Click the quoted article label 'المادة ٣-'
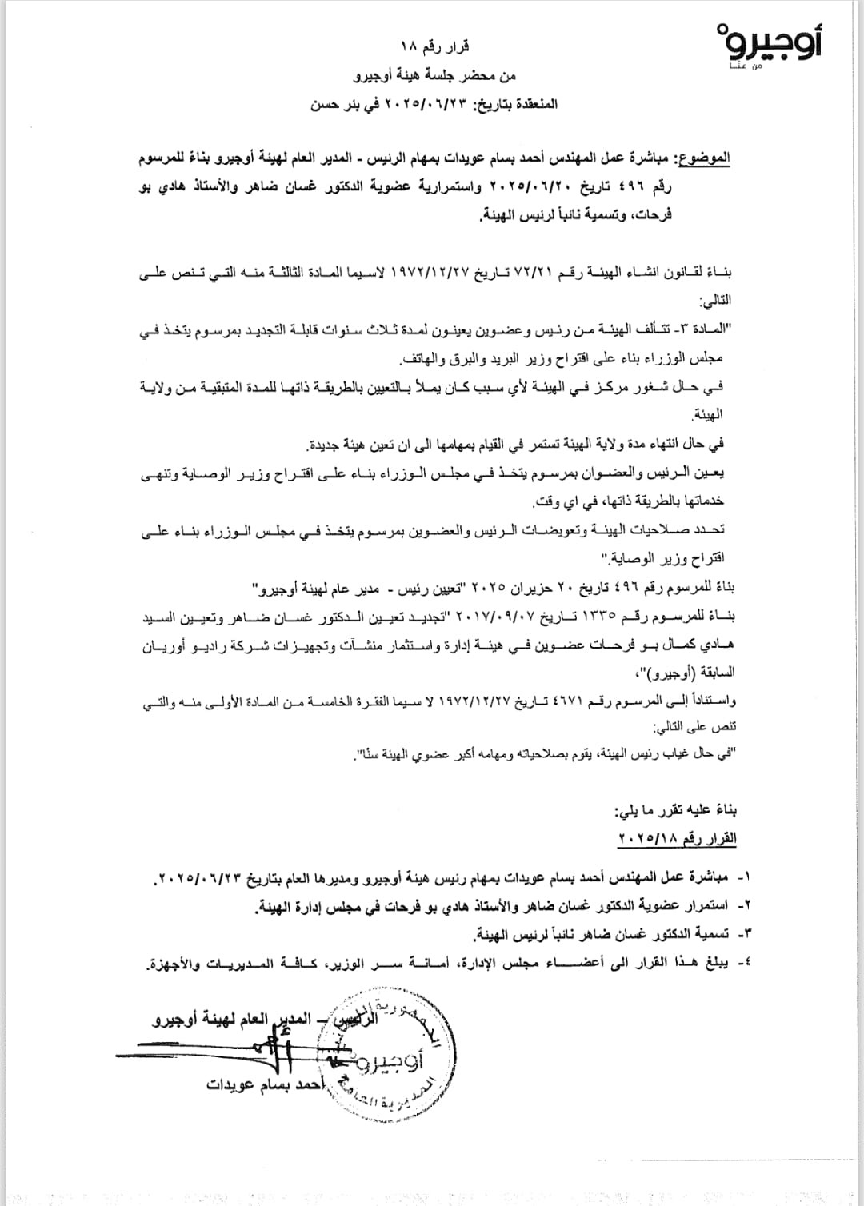coord(707,331)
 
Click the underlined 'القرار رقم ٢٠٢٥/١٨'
coord(677,838)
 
